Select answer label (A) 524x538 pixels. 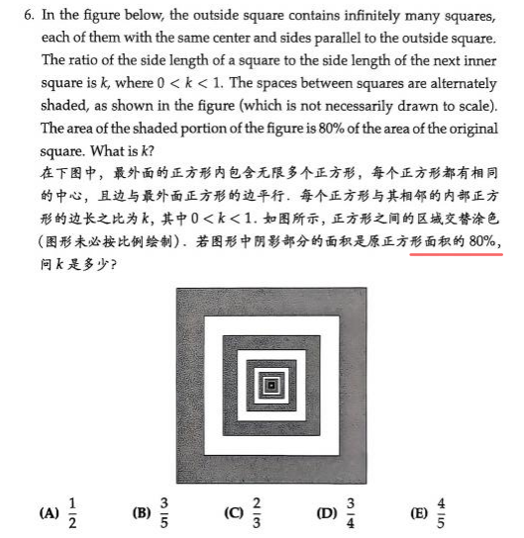click(x=49, y=513)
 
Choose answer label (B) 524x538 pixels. click(x=141, y=513)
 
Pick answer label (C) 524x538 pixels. click(x=234, y=513)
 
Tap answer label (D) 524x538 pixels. click(x=326, y=513)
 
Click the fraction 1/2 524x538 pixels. click(x=72, y=512)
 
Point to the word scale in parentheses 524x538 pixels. click(x=472, y=105)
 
